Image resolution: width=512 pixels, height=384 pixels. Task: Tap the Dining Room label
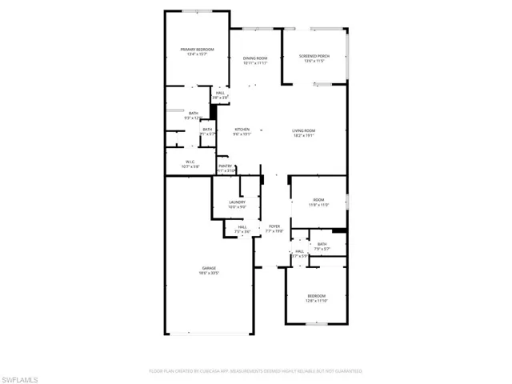click(x=255, y=58)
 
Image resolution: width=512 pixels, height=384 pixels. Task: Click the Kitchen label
click(x=242, y=130)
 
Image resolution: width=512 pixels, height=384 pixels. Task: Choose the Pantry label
click(x=225, y=166)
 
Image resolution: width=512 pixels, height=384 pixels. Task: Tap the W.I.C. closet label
click(x=190, y=162)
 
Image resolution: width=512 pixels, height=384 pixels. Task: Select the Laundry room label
click(x=237, y=202)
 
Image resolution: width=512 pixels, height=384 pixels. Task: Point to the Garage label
click(x=209, y=268)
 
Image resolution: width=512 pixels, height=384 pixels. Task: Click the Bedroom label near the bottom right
click(x=316, y=296)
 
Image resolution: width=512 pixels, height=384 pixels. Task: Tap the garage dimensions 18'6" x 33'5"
click(x=209, y=273)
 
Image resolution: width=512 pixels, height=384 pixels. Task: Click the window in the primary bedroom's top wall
click(x=198, y=11)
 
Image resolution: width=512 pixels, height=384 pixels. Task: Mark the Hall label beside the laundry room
click(x=242, y=227)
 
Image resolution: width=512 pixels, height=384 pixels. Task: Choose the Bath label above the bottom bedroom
click(x=322, y=244)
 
